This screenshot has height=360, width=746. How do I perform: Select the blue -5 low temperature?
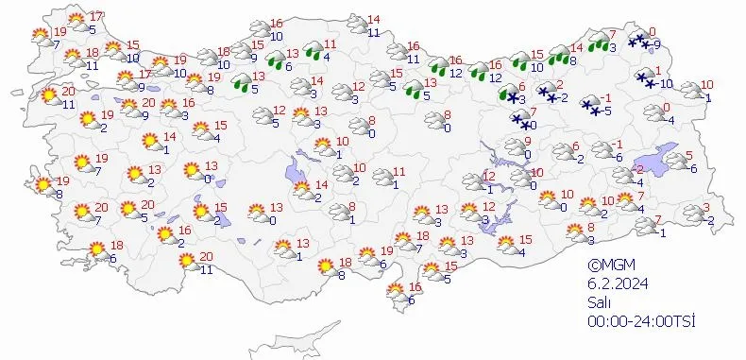coord(608,111)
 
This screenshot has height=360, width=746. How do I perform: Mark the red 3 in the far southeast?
coord(705,208)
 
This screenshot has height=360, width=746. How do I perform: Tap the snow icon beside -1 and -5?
coord(591,106)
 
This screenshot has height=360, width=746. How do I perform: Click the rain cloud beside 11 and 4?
coord(308,52)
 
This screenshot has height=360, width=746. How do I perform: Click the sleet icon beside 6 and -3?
coord(510,93)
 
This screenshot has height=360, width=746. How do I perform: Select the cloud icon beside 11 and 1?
coord(382,178)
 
